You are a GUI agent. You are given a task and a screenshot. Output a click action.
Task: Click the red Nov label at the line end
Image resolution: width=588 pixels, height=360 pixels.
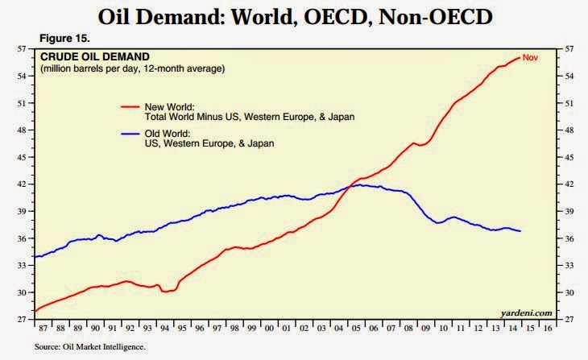[530, 57]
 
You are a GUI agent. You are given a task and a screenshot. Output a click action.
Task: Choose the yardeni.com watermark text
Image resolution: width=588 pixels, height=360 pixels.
[527, 312]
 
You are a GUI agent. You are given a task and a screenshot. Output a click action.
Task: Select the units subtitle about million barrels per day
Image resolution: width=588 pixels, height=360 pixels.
[132, 69]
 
